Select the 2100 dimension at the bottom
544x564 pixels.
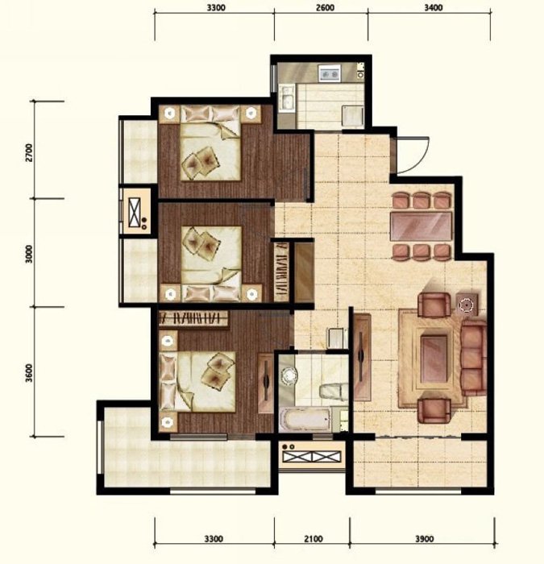pyautogui.click(x=314, y=539)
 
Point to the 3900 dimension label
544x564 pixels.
pyautogui.click(x=425, y=539)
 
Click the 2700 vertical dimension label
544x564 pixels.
pyautogui.click(x=30, y=152)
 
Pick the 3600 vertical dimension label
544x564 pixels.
pyautogui.click(x=30, y=372)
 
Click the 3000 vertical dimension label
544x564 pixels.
pyautogui.click(x=30, y=254)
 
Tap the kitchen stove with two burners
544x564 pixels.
pyautogui.click(x=330, y=73)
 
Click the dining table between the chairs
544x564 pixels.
pyautogui.click(x=421, y=226)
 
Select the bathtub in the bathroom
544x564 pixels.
pyautogui.click(x=305, y=419)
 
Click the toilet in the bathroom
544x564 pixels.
pyautogui.click(x=334, y=391)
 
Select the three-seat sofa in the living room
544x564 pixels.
pyautogui.click(x=474, y=357)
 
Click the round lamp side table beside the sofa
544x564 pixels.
pyautogui.click(x=467, y=305)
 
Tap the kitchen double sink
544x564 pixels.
pyautogui.click(x=289, y=97)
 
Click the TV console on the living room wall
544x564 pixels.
pyautogui.click(x=362, y=357)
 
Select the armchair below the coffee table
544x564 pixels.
pyautogui.click(x=434, y=411)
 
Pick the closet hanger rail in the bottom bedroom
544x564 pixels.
pyautogui.click(x=193, y=318)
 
